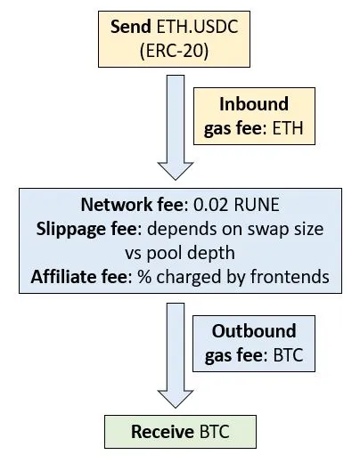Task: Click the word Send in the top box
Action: coord(131,27)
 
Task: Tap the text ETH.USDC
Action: coord(197,27)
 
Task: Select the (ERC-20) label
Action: coord(174,51)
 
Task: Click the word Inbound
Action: coord(254,104)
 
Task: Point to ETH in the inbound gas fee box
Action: coord(288,128)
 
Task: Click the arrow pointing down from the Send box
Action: coord(176,127)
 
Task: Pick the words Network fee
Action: coord(135,205)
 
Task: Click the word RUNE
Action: coord(257,205)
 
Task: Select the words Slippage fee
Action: coord(89,229)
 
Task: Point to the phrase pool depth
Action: coord(191,253)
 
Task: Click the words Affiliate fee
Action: coord(81,277)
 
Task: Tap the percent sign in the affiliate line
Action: coord(144,277)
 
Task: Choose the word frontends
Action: coord(290,277)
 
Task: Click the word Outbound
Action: coord(254,330)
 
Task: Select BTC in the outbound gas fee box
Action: coord(288,355)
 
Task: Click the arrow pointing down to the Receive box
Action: coord(176,355)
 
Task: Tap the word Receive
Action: coord(162,432)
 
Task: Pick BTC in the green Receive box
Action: coord(215,432)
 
